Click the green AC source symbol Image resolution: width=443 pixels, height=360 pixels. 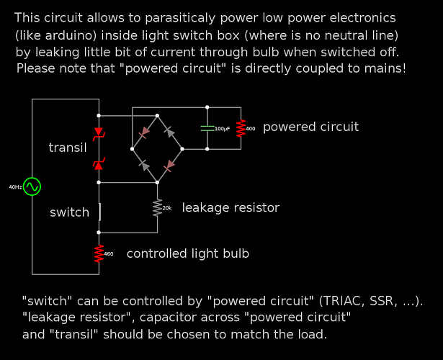[32, 186]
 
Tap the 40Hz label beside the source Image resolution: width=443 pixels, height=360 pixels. [15, 187]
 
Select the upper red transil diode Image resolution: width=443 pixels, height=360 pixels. [99, 133]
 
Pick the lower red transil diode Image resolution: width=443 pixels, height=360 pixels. [99, 165]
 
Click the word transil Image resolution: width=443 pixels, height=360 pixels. [68, 148]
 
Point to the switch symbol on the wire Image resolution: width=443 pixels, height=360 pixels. [99, 212]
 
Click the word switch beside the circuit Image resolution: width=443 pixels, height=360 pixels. [69, 212]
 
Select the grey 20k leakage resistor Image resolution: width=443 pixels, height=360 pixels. [157, 207]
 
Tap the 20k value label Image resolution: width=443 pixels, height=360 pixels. [167, 208]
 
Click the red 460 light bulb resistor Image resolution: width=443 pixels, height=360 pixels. [99, 253]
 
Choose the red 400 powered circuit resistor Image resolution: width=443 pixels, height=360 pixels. [241, 128]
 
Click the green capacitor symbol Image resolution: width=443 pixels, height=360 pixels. [207, 127]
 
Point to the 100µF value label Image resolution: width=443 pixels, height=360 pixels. [222, 128]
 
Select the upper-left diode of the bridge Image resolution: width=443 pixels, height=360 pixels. [145, 131]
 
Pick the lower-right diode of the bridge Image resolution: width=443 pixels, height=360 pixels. [170, 165]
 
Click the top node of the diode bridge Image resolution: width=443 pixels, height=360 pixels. [157, 115]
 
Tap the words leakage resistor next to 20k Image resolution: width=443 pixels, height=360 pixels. [231, 208]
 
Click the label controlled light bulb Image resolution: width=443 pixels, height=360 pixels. [188, 253]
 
